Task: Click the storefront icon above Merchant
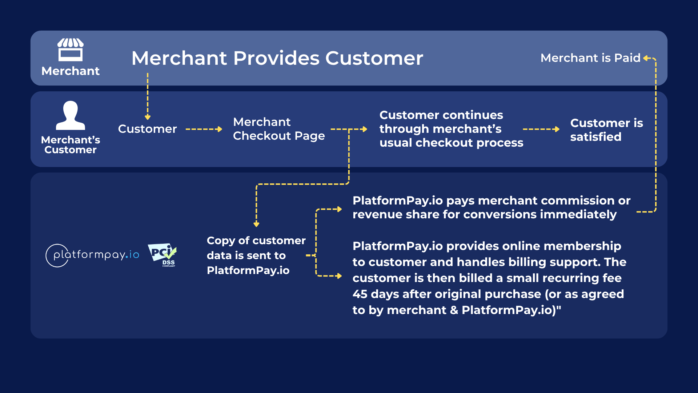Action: (70, 49)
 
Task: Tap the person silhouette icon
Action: (70, 115)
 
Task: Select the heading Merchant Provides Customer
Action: (277, 58)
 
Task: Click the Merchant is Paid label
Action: (590, 58)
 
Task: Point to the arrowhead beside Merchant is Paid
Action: (646, 58)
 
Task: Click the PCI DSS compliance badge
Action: (163, 255)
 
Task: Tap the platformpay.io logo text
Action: (96, 255)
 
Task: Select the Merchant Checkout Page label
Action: (278, 129)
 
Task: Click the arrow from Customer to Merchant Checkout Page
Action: (204, 129)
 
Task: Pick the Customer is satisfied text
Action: (606, 130)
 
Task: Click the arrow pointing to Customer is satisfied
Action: (541, 129)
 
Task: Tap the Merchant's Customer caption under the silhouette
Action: (70, 145)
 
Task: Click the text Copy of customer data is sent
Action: (256, 255)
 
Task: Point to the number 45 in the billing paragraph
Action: (360, 294)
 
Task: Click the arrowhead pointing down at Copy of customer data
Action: (256, 225)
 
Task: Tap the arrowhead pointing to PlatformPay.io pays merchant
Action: (340, 209)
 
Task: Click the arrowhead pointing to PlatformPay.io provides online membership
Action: (340, 276)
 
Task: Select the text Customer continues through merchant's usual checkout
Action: (451, 129)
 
